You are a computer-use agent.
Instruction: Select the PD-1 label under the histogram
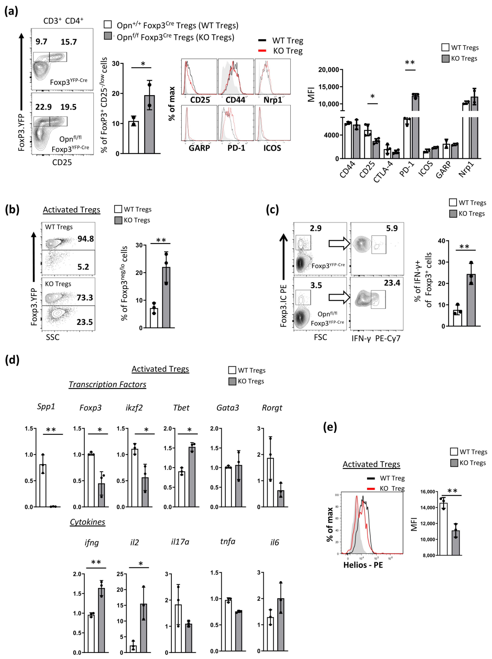click(x=236, y=148)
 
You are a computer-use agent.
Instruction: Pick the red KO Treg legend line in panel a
click(x=262, y=51)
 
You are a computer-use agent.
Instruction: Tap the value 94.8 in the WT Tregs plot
click(x=85, y=239)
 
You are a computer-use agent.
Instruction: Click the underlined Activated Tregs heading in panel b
click(x=71, y=210)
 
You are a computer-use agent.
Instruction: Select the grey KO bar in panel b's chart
click(x=166, y=298)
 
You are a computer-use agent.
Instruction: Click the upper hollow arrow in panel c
click(x=339, y=243)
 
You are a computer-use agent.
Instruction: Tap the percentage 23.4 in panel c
click(x=392, y=283)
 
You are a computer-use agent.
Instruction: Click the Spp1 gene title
click(x=46, y=407)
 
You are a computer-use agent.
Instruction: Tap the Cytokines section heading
click(x=88, y=522)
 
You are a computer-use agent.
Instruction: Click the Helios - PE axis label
click(x=363, y=565)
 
